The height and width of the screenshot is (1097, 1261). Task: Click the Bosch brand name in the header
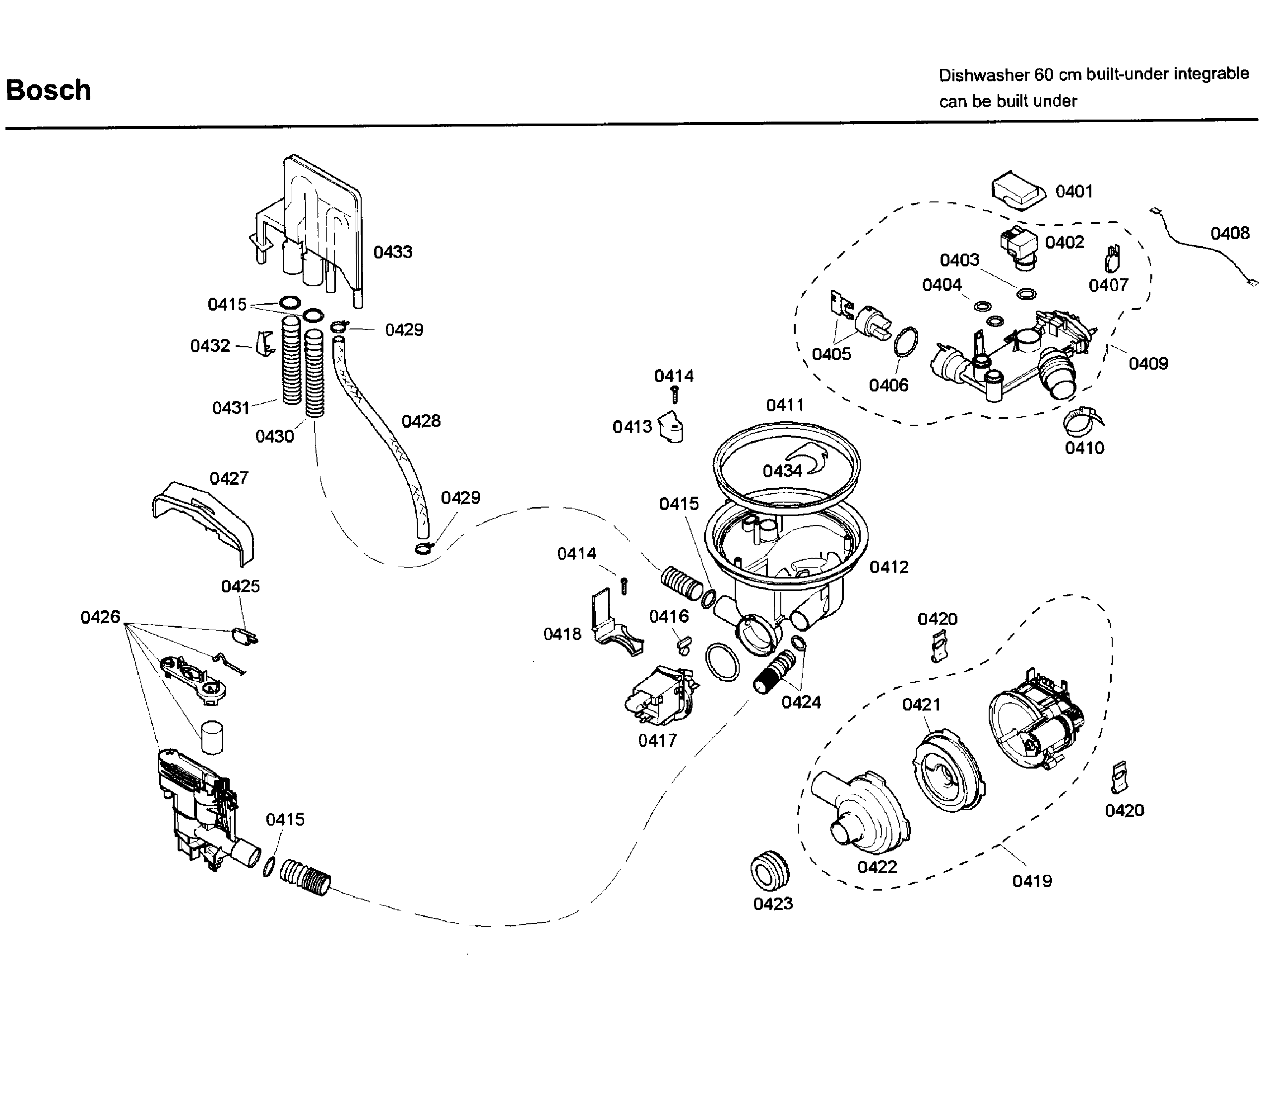[48, 90]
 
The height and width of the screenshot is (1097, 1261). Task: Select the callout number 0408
[1230, 233]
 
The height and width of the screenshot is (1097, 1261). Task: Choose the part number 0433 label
[392, 252]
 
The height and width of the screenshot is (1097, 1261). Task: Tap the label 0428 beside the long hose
[421, 421]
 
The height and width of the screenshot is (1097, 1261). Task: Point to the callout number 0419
[1031, 882]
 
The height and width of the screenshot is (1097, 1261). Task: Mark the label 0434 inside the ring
[782, 471]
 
